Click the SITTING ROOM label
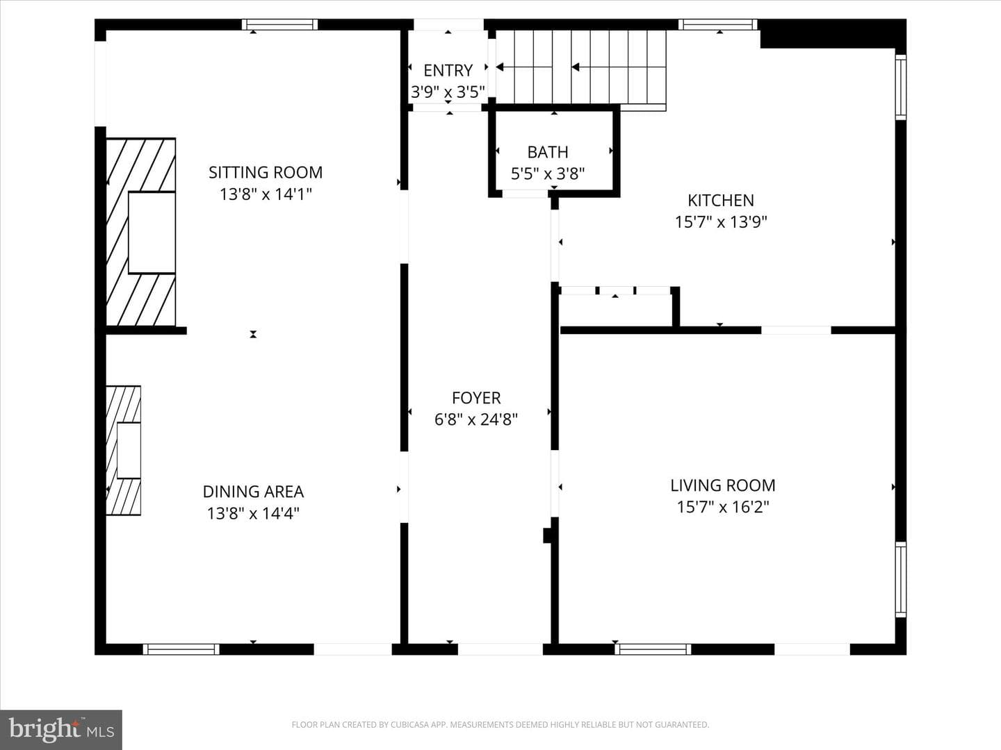coord(266,173)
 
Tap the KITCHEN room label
coord(721,201)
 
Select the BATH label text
coord(548,152)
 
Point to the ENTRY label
coord(448,71)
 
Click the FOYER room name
coord(476,398)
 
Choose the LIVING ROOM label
coord(723,485)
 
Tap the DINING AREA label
coord(253,492)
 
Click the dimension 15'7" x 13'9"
coord(721,222)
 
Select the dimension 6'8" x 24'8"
coord(476,419)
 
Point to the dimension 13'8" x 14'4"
coord(253,514)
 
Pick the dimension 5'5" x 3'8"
coord(548,174)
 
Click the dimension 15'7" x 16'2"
coord(723,507)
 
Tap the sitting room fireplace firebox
coord(152,233)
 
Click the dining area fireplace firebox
coord(129,451)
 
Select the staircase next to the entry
coord(581,67)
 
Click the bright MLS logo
coord(61,730)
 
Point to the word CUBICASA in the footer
coord(408,724)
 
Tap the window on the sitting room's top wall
coord(279,24)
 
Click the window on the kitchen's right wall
coord(901,87)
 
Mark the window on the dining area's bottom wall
coord(181,649)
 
